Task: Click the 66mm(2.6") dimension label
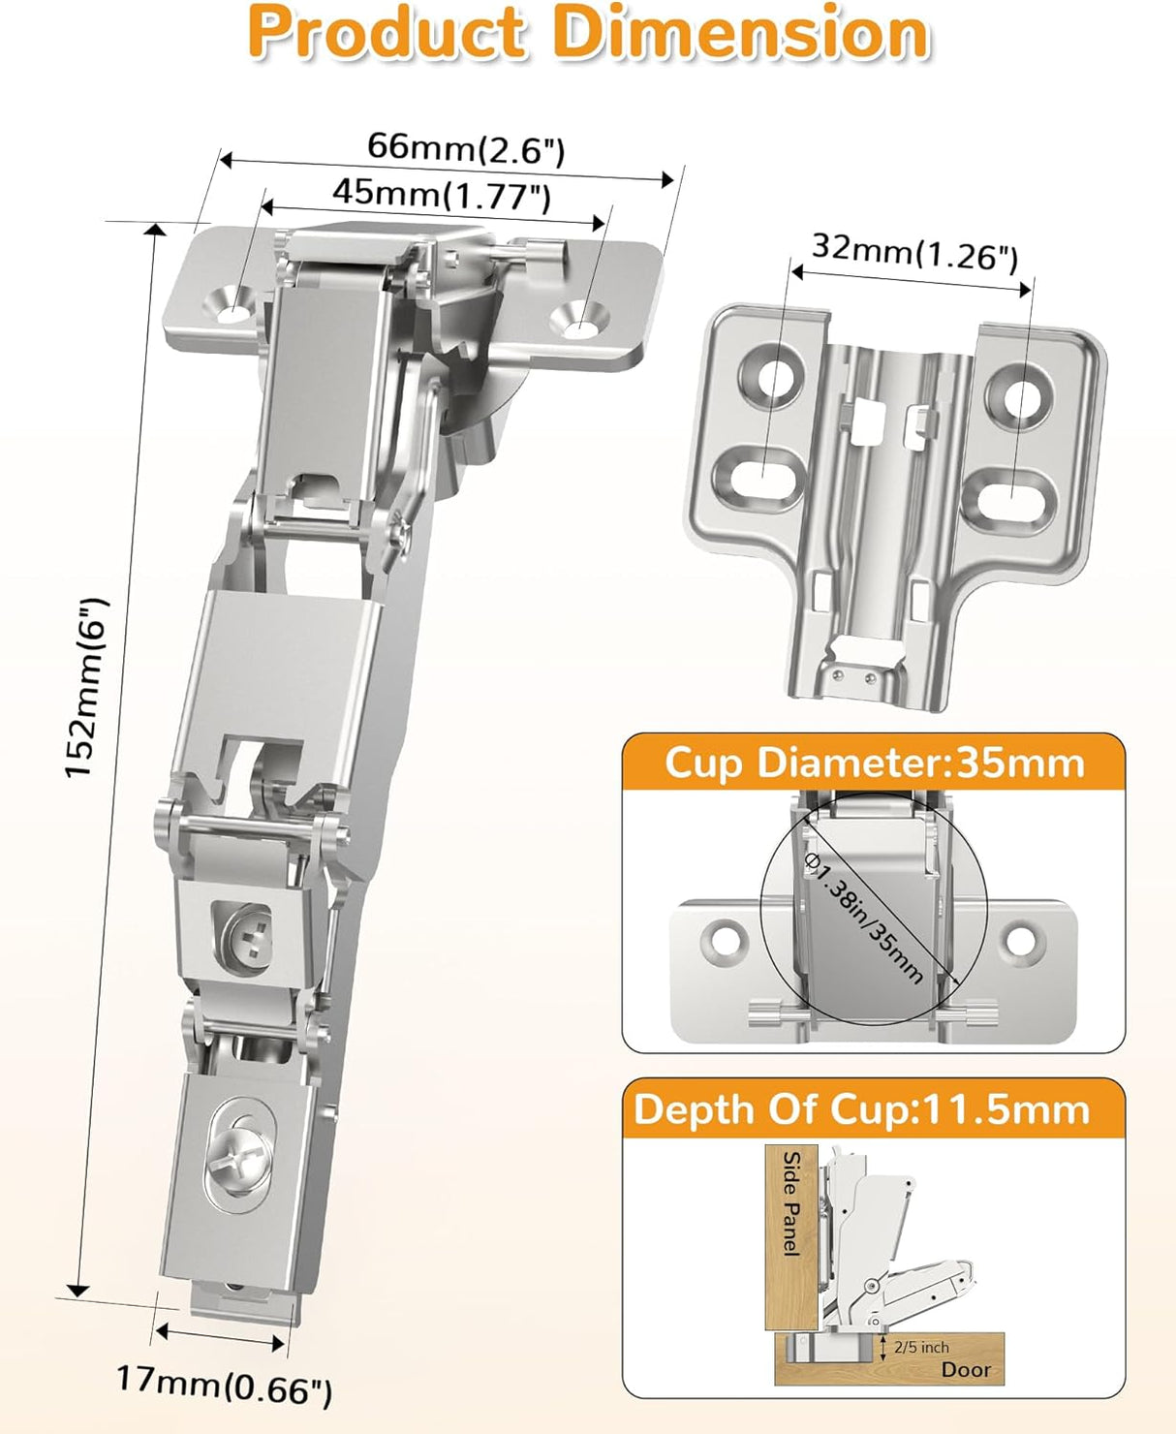tap(465, 148)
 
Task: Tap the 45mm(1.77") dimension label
tap(442, 194)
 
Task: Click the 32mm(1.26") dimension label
tap(913, 251)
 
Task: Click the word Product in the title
tap(387, 34)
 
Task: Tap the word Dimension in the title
tap(741, 34)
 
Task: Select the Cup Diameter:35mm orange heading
tap(874, 763)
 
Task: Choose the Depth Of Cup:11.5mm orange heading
tap(861, 1109)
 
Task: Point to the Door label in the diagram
tap(966, 1369)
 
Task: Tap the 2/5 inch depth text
tap(921, 1347)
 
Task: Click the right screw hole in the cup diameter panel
tap(1020, 939)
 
